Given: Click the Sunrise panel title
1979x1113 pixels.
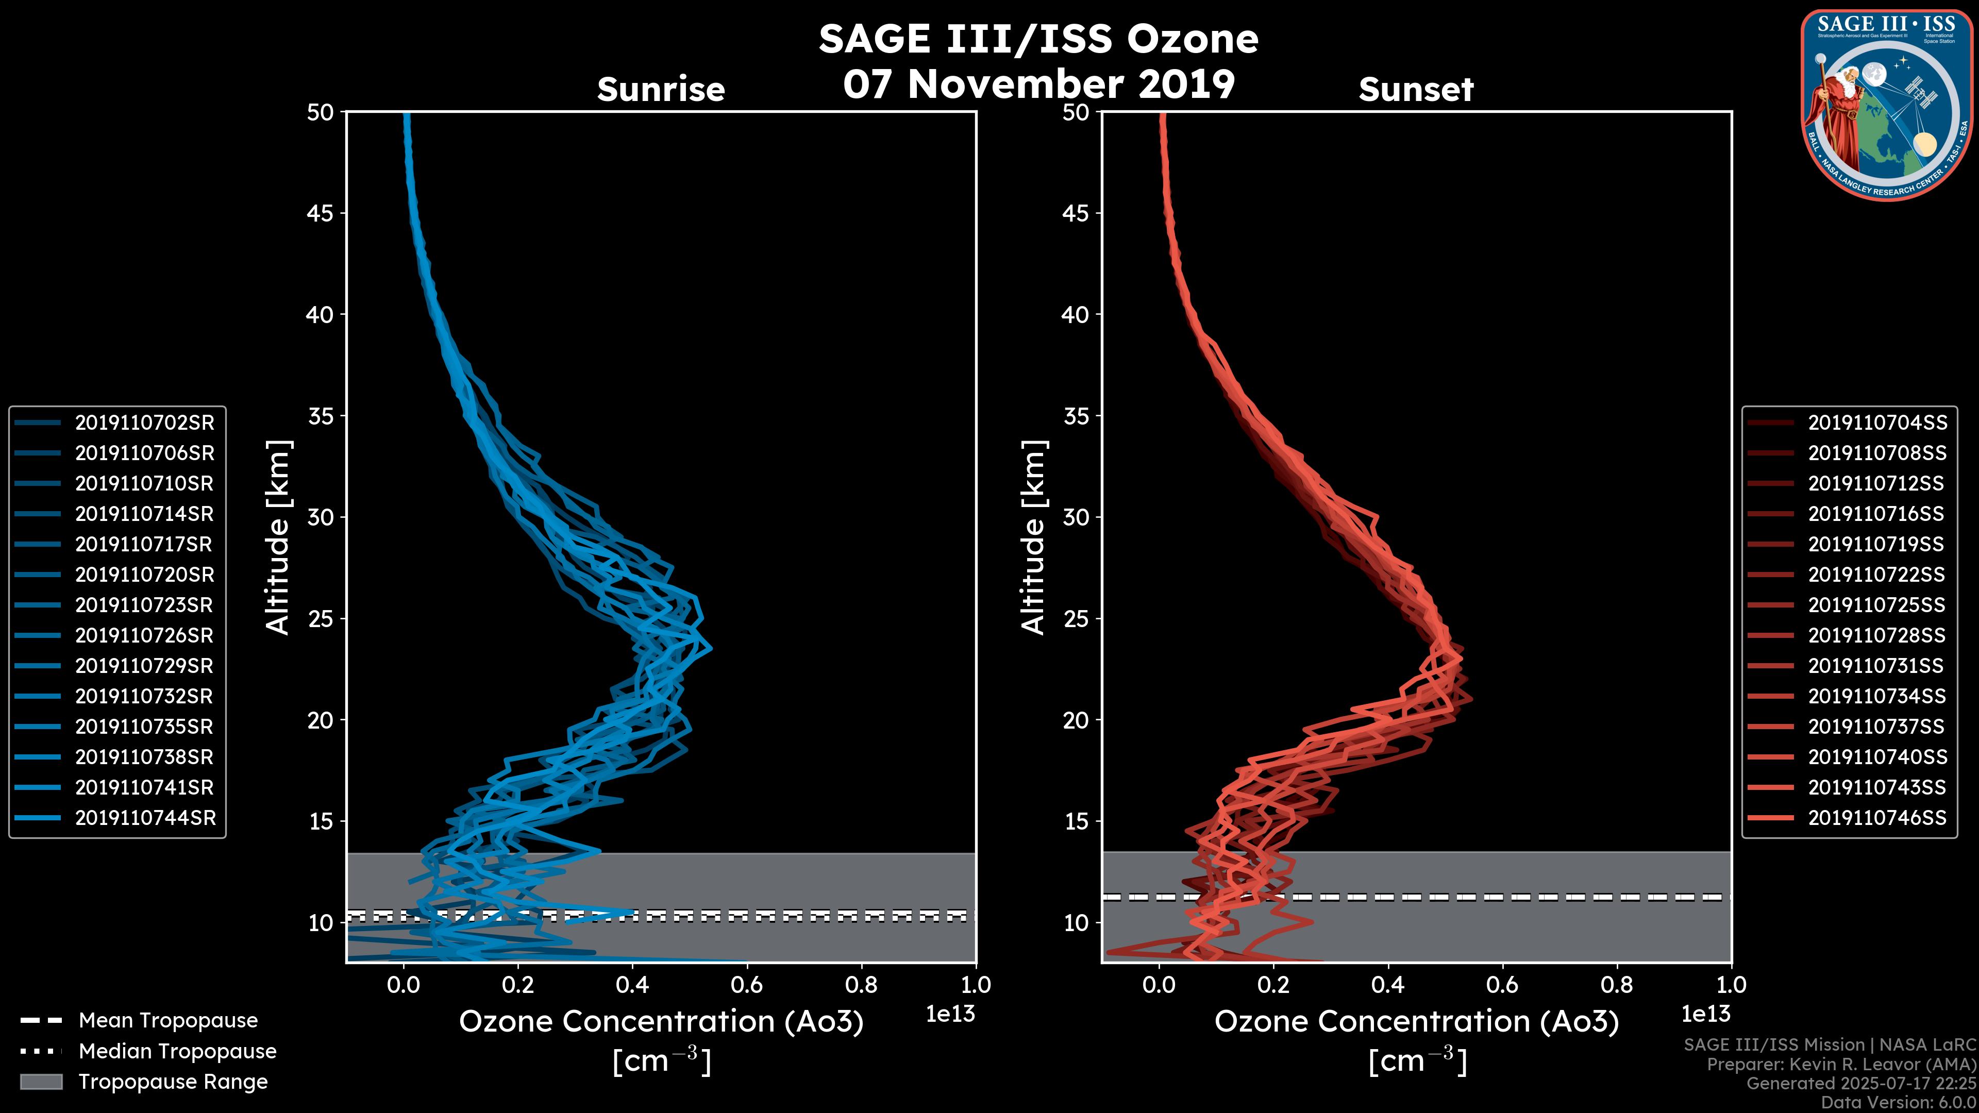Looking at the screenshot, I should coord(661,90).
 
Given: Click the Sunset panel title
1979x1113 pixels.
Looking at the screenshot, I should coord(1416,90).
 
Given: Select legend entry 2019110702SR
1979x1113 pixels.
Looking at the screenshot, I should coord(144,423).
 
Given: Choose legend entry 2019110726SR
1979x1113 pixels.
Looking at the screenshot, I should coord(144,635).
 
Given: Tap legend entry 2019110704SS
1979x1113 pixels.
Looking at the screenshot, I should coord(1877,423).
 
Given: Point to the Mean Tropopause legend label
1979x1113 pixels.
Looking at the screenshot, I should coord(168,1020).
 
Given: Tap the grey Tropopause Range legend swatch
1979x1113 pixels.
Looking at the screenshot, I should coord(41,1082).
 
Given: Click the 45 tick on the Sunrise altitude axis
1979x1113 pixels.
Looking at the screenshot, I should coord(321,213).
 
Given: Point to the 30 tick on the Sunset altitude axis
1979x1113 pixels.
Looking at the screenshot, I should coord(1076,517).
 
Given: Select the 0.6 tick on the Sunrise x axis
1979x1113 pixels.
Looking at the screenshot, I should coord(747,985).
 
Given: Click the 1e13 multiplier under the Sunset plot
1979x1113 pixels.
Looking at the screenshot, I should coord(1705,1014).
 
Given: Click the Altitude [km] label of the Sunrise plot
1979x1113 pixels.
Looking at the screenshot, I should coord(278,537).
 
